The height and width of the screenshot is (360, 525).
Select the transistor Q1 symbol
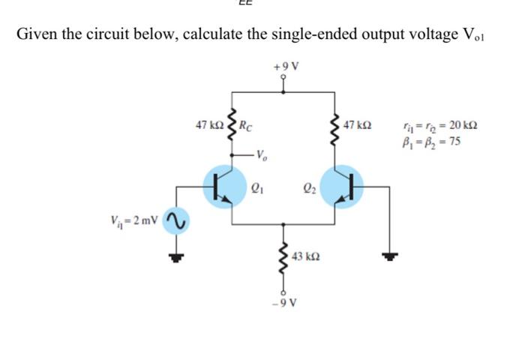[x=225, y=184]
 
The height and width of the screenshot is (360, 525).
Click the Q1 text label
[x=260, y=189]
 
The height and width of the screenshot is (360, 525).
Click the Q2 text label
[x=307, y=189]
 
